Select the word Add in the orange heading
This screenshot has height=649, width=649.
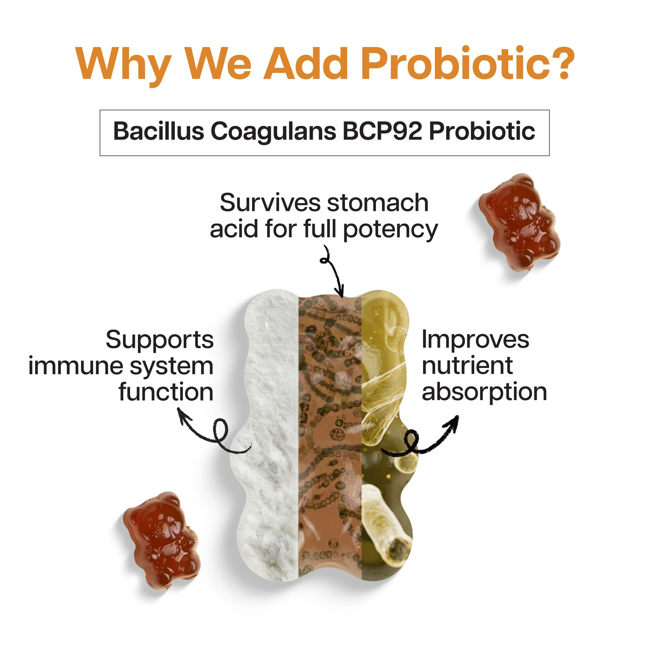pyautogui.click(x=306, y=64)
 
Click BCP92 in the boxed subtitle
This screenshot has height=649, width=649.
pyautogui.click(x=382, y=131)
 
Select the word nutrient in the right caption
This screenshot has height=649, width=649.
pyautogui.click(x=467, y=366)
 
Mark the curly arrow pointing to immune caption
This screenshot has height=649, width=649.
pyautogui.click(x=215, y=433)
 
